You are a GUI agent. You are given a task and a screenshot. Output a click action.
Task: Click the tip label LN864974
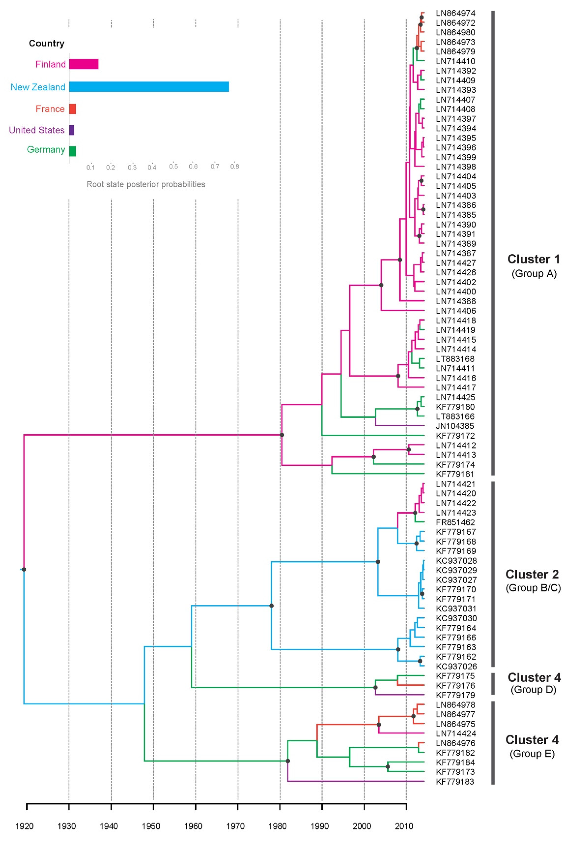point(455,13)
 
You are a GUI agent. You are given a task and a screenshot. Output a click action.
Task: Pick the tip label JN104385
point(455,426)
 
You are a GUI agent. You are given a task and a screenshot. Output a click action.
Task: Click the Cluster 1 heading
point(533,259)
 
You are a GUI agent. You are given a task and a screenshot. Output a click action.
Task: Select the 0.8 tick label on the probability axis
point(235,167)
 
